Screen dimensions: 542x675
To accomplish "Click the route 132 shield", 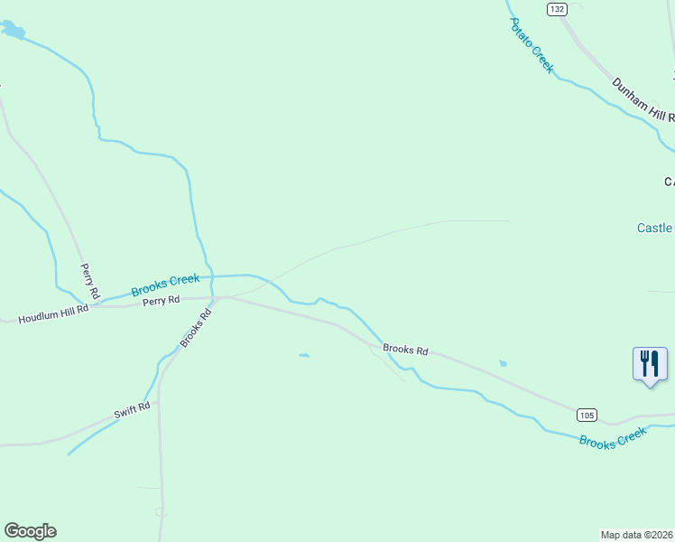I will pos(557,9).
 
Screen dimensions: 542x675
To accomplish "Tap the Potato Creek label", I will pos(531,45).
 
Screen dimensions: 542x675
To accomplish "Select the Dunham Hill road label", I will pos(643,100).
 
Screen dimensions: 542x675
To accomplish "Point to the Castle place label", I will pos(655,228).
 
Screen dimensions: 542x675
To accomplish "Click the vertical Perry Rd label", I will pos(88,281).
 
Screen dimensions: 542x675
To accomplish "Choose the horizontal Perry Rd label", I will pos(161,300).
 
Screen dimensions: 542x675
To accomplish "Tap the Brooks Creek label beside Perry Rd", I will pos(165,285).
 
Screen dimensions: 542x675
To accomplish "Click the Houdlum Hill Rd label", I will pos(54,314).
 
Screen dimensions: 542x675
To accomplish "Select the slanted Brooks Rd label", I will pos(196,327).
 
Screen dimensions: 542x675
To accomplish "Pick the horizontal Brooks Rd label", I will pos(404,349).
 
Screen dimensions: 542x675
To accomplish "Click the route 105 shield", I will pos(586,415).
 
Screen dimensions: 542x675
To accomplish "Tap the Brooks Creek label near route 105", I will pos(614,437).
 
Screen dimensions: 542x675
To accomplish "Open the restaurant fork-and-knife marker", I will pos(650,364).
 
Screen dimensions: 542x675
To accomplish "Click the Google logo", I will pos(30,531).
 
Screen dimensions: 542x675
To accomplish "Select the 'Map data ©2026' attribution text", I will pos(637,535).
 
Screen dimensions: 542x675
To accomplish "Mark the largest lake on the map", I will pos(13,33).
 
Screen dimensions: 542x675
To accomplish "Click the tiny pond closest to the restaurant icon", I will pos(503,363).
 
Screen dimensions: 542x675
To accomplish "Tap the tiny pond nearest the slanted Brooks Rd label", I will pos(304,355).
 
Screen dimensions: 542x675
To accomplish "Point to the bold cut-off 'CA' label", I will pos(669,182).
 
